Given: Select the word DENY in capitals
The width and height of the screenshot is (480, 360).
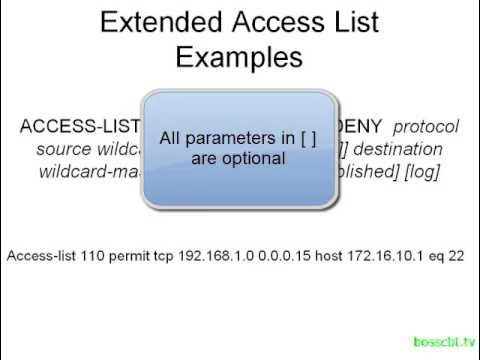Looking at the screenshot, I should click(x=362, y=127).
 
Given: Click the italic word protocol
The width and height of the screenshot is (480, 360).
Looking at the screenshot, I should click(x=425, y=127).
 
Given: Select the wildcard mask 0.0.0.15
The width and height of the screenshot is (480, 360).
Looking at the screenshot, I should click(x=286, y=256).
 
